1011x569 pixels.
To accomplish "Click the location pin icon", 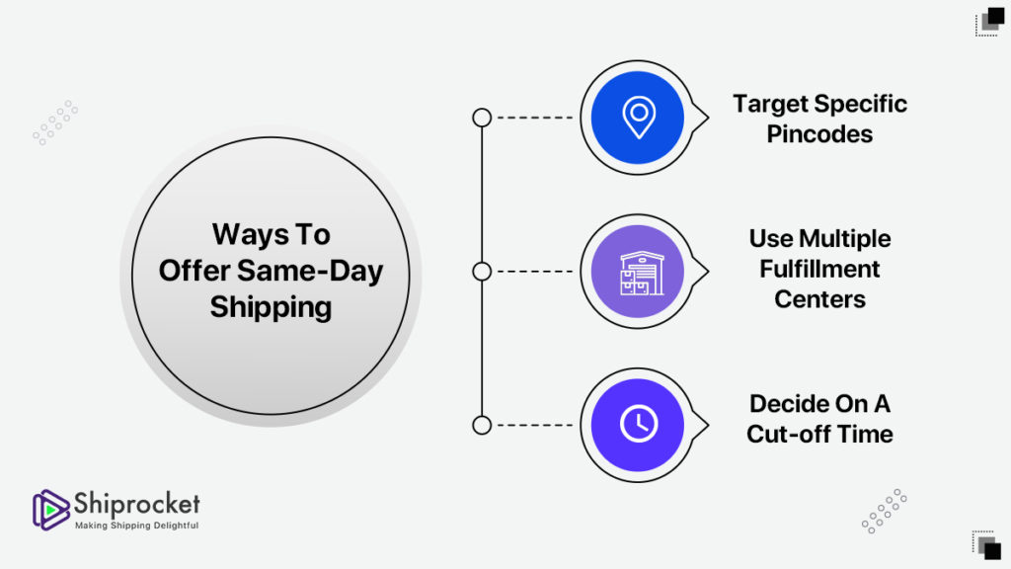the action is coord(639,118).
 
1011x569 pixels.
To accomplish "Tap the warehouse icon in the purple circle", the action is coord(642,274).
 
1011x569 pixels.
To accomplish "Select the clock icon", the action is coord(639,424).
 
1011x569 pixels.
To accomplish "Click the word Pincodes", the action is coord(819,134).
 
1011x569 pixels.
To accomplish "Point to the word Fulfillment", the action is coord(819,269).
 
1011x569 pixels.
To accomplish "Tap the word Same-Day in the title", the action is coord(310,271).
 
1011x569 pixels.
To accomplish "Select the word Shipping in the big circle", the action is coord(271,308).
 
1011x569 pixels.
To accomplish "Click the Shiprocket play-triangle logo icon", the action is coord(50,510).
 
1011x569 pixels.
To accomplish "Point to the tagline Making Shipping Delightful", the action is coord(136,526).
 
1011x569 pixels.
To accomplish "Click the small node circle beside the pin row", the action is coord(482,118).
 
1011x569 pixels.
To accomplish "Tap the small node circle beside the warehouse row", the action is coord(482,272).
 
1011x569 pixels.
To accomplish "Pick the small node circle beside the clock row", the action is coord(482,425).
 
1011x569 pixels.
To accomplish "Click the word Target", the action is coord(771,105).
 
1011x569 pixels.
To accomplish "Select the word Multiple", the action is coord(845,239).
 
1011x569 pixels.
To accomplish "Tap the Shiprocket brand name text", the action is coord(136,503).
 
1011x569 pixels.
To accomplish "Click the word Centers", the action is coord(819,299).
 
